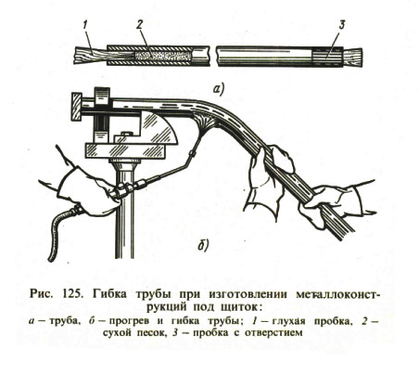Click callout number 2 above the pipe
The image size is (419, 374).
pos(140,25)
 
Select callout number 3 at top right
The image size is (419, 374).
pos(341,25)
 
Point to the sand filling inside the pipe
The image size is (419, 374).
pos(161,56)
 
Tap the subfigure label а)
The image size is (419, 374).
pos(219,89)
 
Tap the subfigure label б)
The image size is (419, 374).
pos(203,244)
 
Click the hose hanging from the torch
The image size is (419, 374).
pos(61,233)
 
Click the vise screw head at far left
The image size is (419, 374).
pos(76,107)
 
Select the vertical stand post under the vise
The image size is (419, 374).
pos(124,211)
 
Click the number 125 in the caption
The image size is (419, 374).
pos(72,293)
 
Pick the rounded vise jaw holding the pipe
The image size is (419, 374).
pos(159,128)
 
